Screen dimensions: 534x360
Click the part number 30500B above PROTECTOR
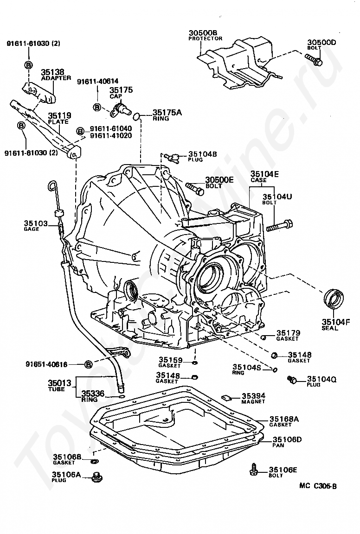coord(203,33)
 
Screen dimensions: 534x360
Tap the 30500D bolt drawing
coord(314,59)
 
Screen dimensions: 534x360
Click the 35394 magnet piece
coord(227,396)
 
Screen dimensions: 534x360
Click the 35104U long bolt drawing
coord(280,227)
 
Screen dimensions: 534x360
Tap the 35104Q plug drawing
coord(293,380)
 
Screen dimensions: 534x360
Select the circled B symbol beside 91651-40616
coord(89,364)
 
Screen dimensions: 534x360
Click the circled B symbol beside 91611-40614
coord(97,107)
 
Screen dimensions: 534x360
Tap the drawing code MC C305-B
coord(318,486)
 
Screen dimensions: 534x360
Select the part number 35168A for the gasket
coord(284,420)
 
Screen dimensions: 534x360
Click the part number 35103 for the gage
coord(36,223)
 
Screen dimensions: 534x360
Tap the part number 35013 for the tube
coord(59,383)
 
